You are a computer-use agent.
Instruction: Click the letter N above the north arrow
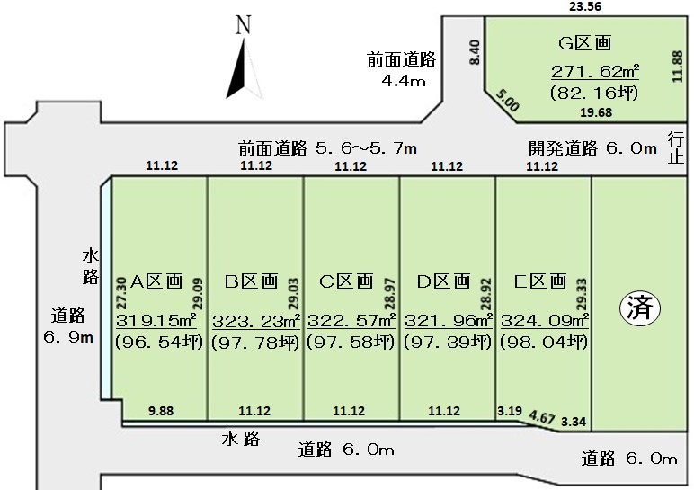tap(244, 25)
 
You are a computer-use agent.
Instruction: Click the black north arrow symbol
tap(244, 68)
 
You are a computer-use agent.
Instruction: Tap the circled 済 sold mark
tap(639, 308)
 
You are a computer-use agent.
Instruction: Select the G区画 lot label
tap(585, 43)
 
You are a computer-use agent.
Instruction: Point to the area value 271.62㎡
tap(595, 71)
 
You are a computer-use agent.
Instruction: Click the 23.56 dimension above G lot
tap(585, 6)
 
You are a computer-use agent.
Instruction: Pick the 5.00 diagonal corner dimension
tap(507, 101)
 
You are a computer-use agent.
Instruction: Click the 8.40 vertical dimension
tap(474, 52)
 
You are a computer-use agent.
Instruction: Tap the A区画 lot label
tap(156, 281)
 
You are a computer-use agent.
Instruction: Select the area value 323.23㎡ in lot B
tap(256, 321)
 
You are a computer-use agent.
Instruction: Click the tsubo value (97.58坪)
tap(350, 342)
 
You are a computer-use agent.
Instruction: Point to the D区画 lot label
tap(443, 281)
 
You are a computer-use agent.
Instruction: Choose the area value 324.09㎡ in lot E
tap(545, 320)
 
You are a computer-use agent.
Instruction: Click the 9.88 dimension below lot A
tap(161, 411)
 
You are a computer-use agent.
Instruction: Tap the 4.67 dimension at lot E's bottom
tap(542, 417)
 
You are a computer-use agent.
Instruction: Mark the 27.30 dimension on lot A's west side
tap(120, 293)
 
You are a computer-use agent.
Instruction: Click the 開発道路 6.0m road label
tap(592, 148)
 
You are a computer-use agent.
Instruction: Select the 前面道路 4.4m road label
tap(402, 69)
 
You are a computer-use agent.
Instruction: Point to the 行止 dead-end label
tap(676, 147)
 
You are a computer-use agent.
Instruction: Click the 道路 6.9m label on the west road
tap(68, 326)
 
